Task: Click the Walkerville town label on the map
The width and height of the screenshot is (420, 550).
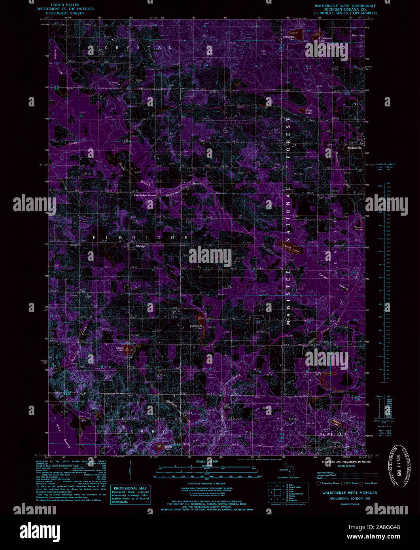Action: (354, 148)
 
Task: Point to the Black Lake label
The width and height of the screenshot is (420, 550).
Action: (358, 36)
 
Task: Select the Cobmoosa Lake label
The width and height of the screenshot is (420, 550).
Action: (197, 327)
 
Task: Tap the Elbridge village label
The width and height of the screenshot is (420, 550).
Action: (140, 246)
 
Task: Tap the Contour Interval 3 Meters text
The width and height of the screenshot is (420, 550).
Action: (210, 483)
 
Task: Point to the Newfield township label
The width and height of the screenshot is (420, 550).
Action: (333, 434)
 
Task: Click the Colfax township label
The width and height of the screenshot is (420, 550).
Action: (331, 47)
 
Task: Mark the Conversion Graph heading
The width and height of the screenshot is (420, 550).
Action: (385, 164)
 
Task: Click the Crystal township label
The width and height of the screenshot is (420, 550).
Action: (131, 47)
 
